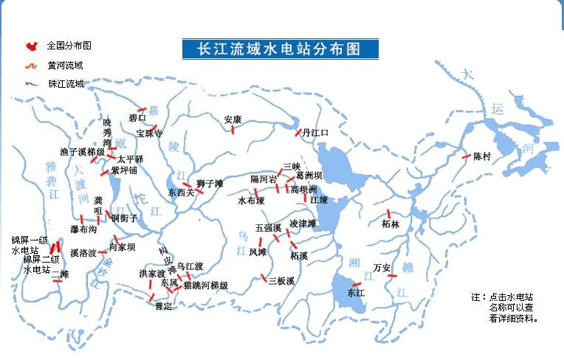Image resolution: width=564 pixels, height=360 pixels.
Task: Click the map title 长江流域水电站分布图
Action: click(280, 49)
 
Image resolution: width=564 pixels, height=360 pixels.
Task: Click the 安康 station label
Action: click(233, 119)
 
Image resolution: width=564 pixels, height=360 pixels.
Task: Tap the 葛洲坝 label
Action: click(309, 176)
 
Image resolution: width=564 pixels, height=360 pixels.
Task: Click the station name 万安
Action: click(382, 267)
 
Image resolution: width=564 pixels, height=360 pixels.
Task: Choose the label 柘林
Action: click(391, 224)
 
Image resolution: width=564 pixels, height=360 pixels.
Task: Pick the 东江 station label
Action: click(356, 293)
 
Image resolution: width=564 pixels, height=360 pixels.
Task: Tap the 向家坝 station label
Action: click(122, 247)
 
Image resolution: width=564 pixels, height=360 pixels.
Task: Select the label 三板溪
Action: click(281, 280)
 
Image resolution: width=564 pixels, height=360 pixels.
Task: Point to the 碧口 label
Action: click(137, 117)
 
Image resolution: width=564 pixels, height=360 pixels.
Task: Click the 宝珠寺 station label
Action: click(149, 134)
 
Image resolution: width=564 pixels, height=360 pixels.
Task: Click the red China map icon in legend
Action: click(31, 46)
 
